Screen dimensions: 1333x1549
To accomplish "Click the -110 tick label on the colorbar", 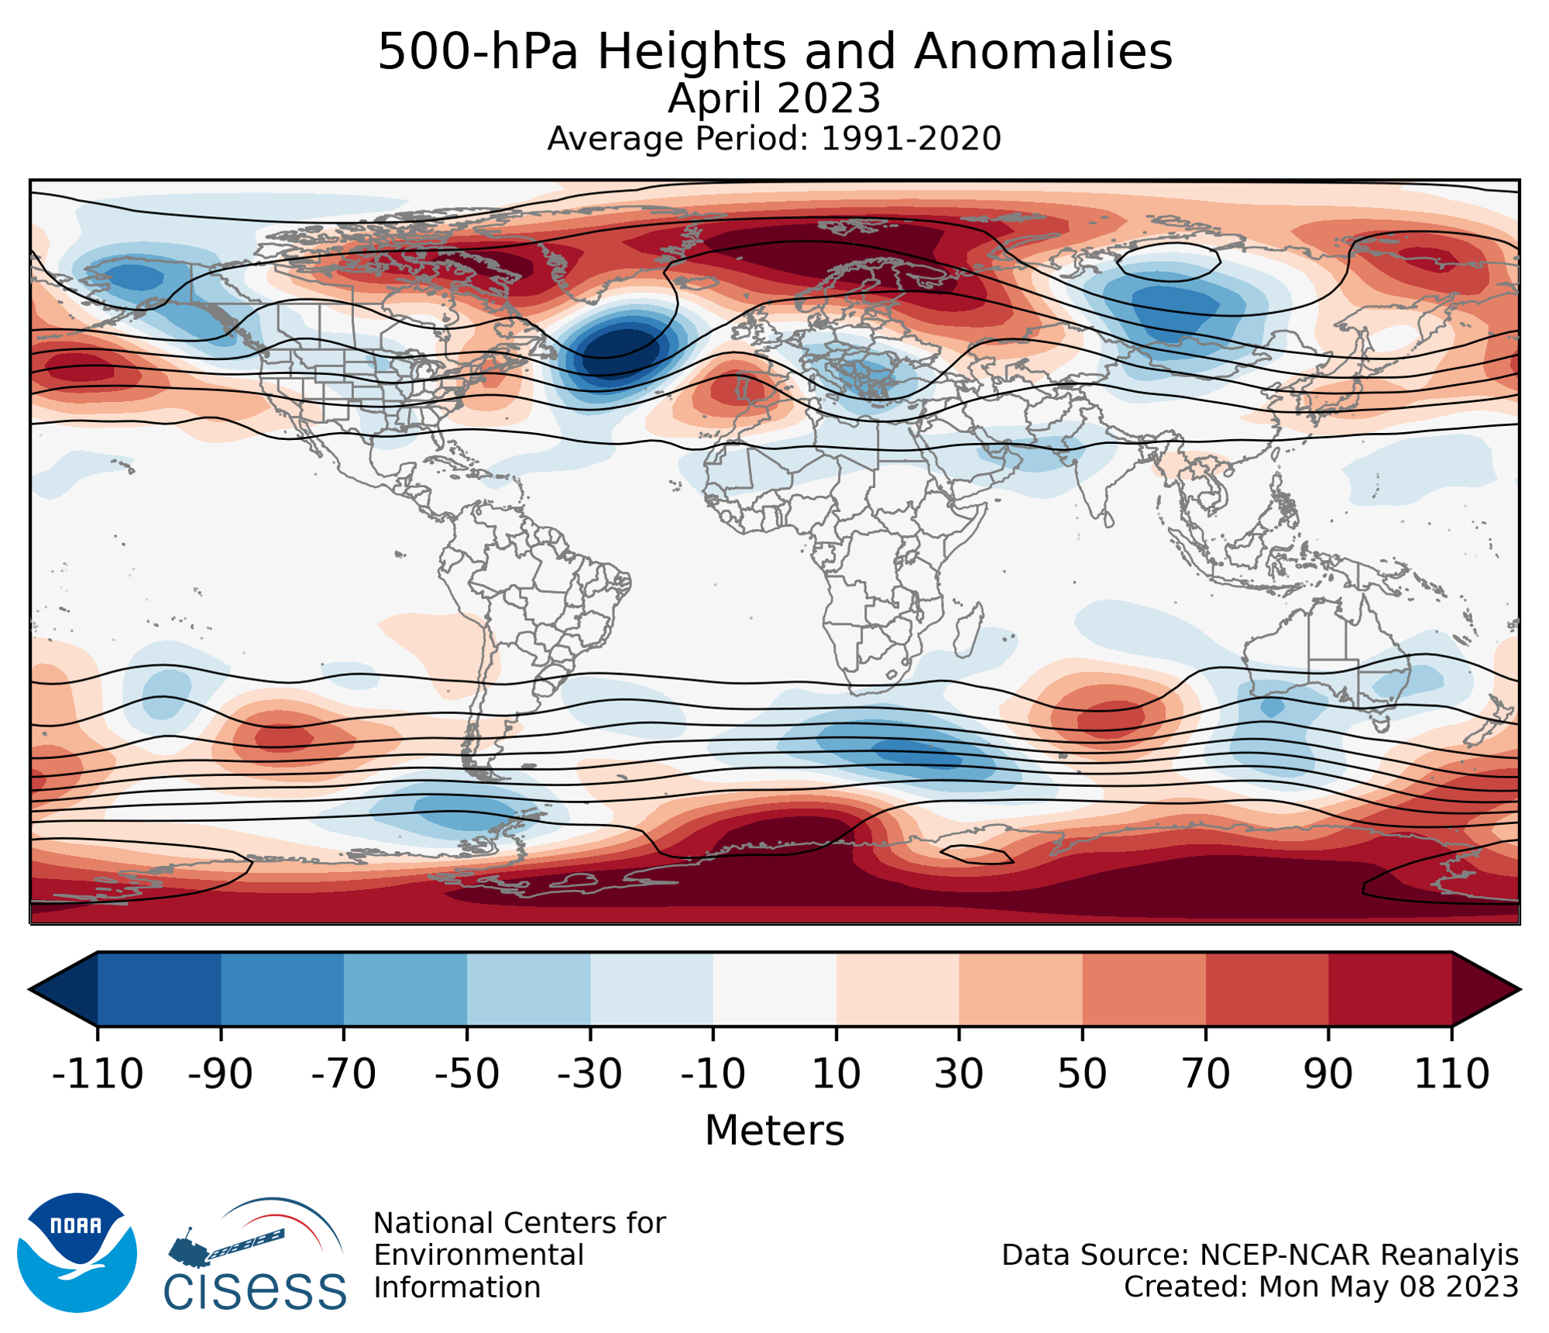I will (x=98, y=1074).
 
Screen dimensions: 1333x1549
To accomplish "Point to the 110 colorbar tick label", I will (x=1451, y=1074).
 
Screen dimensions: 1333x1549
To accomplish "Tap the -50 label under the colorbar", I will (x=467, y=1074).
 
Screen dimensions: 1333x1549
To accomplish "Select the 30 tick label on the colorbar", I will (x=959, y=1074).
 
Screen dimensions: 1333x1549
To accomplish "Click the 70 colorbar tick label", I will (x=1206, y=1074).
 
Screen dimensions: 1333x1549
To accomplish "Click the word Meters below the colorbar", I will (x=774, y=1131).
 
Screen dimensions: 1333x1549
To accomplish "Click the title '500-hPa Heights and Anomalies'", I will (x=774, y=53).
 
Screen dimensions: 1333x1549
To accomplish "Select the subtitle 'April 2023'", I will (x=774, y=99).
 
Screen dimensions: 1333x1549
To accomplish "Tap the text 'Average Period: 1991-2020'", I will (x=774, y=139).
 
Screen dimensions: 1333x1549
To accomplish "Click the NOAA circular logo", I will (x=77, y=1252).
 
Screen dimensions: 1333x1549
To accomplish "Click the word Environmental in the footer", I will (x=479, y=1255).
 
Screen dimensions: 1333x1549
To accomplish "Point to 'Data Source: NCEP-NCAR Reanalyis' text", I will (x=1259, y=1255).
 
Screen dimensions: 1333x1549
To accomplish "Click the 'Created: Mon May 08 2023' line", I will (x=1321, y=1287).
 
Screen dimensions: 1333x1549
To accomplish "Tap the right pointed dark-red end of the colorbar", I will (x=1483, y=989).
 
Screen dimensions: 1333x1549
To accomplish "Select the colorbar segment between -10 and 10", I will (x=774, y=989).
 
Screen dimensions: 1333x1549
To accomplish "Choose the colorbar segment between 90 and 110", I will (x=1390, y=989).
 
